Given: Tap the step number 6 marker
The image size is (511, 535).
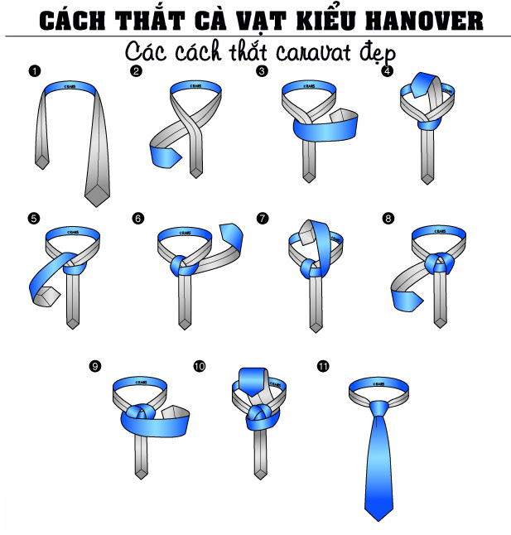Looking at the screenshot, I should (137, 219).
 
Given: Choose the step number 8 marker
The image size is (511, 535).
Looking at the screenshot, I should (388, 219).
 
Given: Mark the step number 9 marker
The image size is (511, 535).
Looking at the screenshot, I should (96, 366).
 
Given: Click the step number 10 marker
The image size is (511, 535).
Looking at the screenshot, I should (199, 366).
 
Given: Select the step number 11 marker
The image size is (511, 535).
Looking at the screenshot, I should (323, 366).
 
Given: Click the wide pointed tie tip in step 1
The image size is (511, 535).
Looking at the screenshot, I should (97, 195).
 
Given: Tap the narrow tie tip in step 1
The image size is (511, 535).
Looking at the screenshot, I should (42, 161).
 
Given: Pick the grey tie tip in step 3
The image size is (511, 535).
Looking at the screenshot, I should (310, 173).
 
